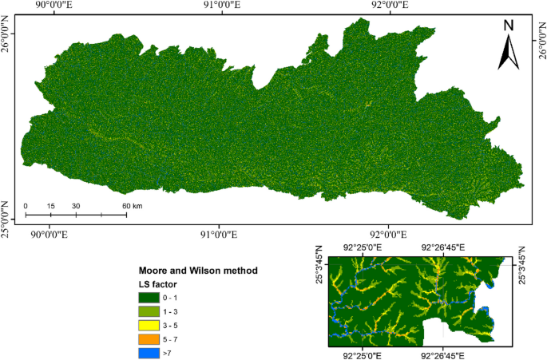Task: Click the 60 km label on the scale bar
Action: [x=132, y=206]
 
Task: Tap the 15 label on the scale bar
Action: [x=50, y=206]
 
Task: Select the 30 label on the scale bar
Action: [x=76, y=206]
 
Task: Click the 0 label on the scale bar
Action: [x=26, y=206]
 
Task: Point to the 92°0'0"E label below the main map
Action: [x=386, y=234]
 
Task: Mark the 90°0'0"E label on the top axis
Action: [x=50, y=6]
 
